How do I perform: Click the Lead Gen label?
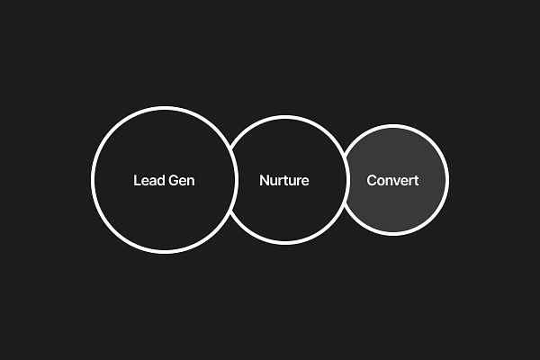pyautogui.click(x=164, y=180)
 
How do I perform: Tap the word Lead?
pyautogui.click(x=148, y=180)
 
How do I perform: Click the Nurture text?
pyautogui.click(x=284, y=180)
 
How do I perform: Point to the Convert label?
pyautogui.click(x=392, y=180)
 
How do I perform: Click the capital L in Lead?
pyautogui.click(x=137, y=180)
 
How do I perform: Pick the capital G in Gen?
pyautogui.click(x=173, y=180)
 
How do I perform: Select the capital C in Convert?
pyautogui.click(x=372, y=180)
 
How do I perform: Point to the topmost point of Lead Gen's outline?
pyautogui.click(x=164, y=108)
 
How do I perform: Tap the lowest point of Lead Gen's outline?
pyautogui.click(x=164, y=252)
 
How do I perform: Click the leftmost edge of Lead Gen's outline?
pyautogui.click(x=93, y=180)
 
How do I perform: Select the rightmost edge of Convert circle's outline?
pyautogui.click(x=446, y=180)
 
